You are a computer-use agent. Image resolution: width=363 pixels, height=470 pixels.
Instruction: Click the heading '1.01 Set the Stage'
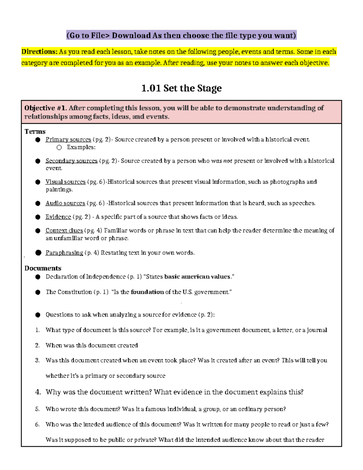click(x=181, y=88)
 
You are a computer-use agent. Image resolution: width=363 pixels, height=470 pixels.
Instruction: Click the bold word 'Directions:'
click(x=39, y=51)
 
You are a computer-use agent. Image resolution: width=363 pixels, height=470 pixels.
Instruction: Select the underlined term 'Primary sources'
click(x=68, y=140)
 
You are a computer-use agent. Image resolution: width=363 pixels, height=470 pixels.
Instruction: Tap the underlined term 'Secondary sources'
click(x=71, y=161)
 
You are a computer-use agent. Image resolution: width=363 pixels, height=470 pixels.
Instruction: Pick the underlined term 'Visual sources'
click(x=65, y=182)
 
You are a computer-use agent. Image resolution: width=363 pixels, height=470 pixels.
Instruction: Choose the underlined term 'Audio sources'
click(x=65, y=203)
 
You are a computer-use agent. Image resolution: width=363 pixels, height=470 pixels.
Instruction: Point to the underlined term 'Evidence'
click(x=58, y=217)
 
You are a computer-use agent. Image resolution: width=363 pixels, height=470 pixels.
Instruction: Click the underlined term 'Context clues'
click(x=64, y=230)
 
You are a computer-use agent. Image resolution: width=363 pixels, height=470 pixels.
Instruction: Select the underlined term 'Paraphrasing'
click(x=64, y=252)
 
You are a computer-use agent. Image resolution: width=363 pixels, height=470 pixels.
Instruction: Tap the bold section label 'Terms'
click(x=35, y=131)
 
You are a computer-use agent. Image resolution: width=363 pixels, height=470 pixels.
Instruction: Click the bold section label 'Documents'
click(x=43, y=268)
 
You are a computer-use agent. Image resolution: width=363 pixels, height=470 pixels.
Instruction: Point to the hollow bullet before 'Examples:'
click(x=59, y=147)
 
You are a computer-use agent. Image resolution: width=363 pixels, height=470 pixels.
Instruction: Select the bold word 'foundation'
click(x=147, y=292)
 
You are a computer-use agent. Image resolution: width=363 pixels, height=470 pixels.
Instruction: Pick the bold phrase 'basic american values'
click(x=197, y=276)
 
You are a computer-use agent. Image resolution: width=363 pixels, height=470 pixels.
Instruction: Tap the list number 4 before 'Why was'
click(x=38, y=392)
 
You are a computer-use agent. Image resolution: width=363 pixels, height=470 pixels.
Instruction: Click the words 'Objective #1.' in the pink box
click(x=45, y=108)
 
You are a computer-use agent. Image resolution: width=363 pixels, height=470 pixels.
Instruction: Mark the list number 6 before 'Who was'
click(x=37, y=424)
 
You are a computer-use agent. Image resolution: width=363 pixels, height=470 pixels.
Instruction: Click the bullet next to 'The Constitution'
click(x=38, y=292)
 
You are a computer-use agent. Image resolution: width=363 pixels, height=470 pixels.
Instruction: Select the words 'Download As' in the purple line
click(x=136, y=35)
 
